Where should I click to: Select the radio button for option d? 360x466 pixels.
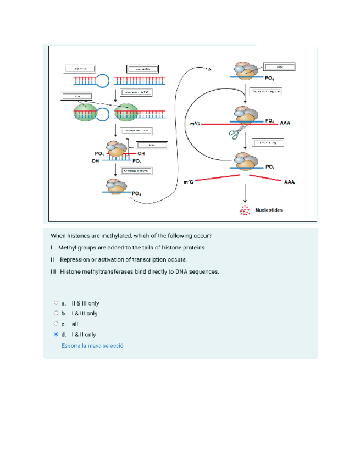point(56,334)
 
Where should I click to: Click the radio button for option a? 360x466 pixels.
point(56,303)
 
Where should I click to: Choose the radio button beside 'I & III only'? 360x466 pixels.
point(56,313)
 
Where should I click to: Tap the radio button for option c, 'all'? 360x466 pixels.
point(56,324)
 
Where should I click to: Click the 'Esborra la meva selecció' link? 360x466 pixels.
point(92,346)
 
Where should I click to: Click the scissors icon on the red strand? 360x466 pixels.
point(237,132)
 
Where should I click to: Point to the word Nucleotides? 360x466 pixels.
point(269,210)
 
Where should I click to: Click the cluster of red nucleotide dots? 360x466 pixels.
point(242,210)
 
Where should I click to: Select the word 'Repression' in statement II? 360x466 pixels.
point(74,259)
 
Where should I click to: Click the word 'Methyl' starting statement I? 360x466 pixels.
point(67,248)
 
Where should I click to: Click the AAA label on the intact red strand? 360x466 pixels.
point(285,124)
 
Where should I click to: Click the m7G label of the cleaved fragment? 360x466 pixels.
point(189,182)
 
